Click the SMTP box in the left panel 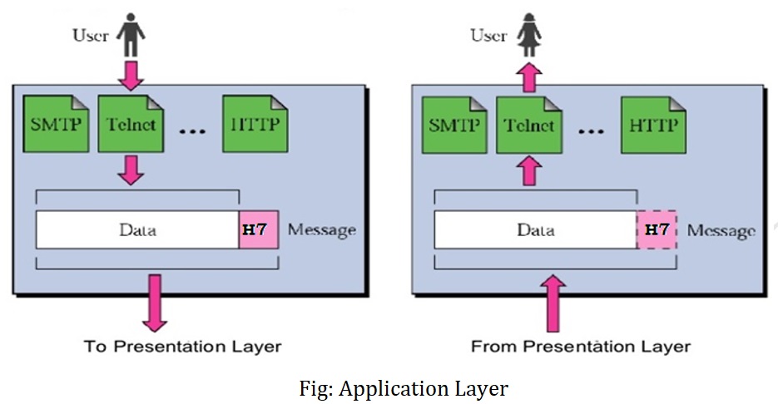[x=56, y=124]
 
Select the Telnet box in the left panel [x=131, y=124]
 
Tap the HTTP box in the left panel [x=255, y=124]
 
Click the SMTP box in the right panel [x=454, y=125]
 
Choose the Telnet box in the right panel [x=529, y=125]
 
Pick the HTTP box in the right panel [x=654, y=125]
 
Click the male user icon [x=131, y=34]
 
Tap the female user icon [x=529, y=34]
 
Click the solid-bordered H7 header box [x=259, y=229]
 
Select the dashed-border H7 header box [x=657, y=229]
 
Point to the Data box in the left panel [x=137, y=229]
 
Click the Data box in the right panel [x=536, y=229]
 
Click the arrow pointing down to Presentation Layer [x=155, y=303]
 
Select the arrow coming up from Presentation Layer [x=553, y=303]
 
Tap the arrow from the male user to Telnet [x=131, y=76]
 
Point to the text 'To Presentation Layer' [x=182, y=346]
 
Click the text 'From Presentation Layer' [x=581, y=346]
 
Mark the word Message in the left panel [x=322, y=230]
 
